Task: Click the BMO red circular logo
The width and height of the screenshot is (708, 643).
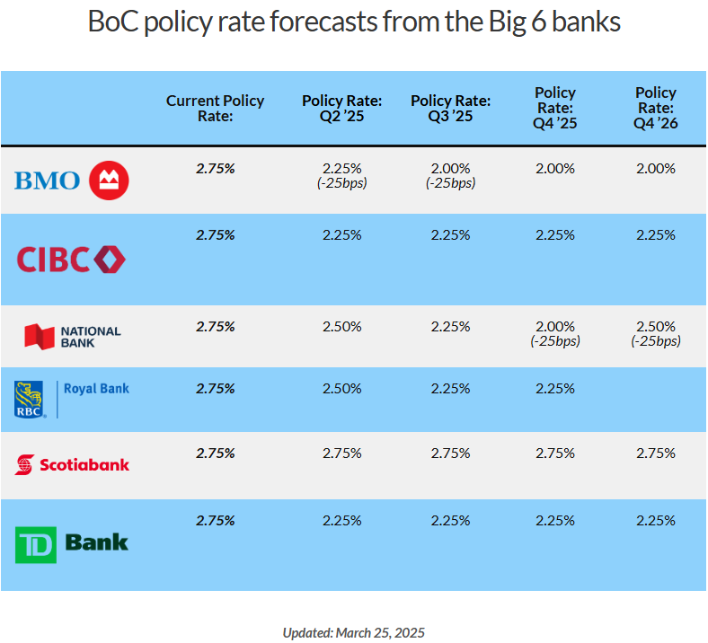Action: tap(109, 180)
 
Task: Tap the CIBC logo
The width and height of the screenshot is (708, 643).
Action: tap(71, 260)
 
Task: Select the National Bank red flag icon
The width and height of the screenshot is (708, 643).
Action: tap(40, 337)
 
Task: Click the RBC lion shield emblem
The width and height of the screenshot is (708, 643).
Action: tap(29, 400)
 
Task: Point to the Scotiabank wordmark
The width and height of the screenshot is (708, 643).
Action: tap(84, 465)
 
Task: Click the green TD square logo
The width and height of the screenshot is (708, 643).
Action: tap(36, 544)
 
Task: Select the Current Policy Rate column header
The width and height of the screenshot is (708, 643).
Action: tap(215, 109)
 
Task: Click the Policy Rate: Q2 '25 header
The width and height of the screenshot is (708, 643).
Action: tap(341, 109)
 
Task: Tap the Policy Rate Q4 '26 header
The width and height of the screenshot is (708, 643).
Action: tap(656, 108)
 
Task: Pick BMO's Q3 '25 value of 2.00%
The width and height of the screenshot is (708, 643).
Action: tap(450, 169)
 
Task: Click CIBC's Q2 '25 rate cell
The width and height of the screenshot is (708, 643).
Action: tap(341, 235)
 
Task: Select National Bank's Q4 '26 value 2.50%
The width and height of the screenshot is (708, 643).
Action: tap(656, 326)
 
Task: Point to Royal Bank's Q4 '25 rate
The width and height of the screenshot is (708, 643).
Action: tap(555, 389)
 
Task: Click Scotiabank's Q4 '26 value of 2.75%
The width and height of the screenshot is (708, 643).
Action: tap(656, 453)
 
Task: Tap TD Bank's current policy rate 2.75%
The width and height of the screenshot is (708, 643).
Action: tap(215, 521)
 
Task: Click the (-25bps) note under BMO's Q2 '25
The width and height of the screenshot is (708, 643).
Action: tap(341, 183)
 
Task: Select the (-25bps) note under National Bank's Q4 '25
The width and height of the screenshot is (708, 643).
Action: tap(555, 341)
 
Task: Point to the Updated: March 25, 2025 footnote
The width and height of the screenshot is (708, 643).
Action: tap(353, 632)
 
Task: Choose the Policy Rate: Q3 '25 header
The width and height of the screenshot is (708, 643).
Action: tap(450, 109)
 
